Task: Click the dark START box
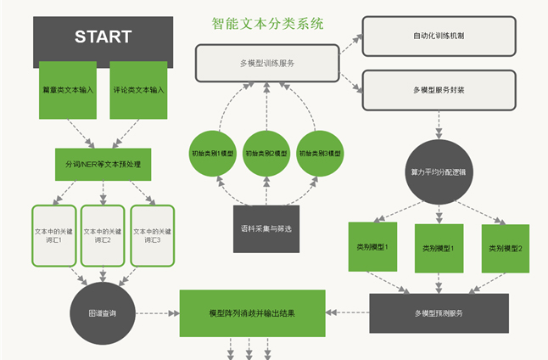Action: tap(103, 37)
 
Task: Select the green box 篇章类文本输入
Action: tap(67, 89)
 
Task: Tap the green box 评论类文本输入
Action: tap(138, 89)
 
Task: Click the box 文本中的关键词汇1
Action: tap(53, 235)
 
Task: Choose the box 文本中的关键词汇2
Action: tap(103, 235)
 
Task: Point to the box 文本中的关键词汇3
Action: tap(152, 235)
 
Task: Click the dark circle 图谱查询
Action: tap(103, 313)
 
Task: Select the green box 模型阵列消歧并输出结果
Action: tap(253, 312)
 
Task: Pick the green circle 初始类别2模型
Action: tap(267, 155)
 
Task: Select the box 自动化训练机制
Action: tap(439, 37)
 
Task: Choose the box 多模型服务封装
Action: tap(439, 89)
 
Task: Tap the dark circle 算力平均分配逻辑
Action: tap(439, 172)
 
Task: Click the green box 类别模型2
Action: tap(505, 248)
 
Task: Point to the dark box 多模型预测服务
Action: tap(439, 313)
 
